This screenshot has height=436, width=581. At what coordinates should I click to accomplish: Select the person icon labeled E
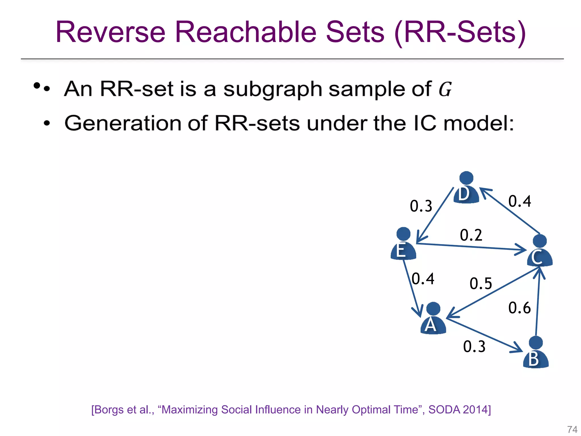click(403, 244)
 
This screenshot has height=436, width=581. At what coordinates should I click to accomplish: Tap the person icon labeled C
click(540, 251)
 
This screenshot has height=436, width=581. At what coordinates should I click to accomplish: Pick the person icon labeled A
click(433, 319)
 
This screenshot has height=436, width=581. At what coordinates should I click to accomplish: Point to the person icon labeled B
click(536, 353)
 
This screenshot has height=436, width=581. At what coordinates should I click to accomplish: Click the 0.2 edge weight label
click(471, 235)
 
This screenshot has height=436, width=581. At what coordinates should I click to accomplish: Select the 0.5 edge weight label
click(481, 283)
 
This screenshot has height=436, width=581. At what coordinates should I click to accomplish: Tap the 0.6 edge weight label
click(519, 308)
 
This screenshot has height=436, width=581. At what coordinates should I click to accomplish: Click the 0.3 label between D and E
click(421, 206)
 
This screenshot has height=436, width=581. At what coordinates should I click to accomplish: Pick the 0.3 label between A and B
click(474, 346)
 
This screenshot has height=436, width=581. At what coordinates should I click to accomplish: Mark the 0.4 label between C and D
click(519, 201)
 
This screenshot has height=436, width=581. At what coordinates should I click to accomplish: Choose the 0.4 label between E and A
click(423, 278)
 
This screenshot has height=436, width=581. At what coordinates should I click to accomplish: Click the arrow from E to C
click(471, 247)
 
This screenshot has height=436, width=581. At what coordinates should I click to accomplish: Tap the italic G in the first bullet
click(445, 89)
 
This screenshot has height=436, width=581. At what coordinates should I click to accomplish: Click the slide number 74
click(572, 429)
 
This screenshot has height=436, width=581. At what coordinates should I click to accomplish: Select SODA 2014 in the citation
click(459, 410)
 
